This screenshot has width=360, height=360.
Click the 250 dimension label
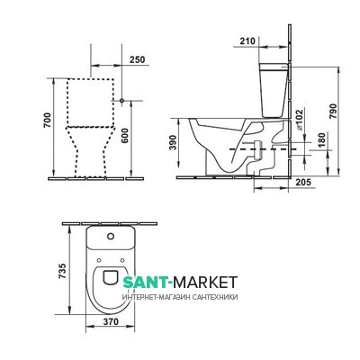pyautogui.click(x=137, y=59)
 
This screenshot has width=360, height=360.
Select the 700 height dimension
pyautogui.click(x=48, y=120)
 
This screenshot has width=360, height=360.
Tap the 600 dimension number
pyautogui.click(x=125, y=136)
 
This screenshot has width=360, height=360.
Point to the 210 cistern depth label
pyautogui.click(x=247, y=40)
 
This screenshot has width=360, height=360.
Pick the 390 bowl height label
pyautogui.click(x=174, y=143)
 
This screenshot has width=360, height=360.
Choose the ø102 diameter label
pyautogui.click(x=300, y=119)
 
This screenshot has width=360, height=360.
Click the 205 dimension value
pyautogui.click(x=303, y=182)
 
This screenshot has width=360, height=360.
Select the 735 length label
pyautogui.click(x=62, y=271)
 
